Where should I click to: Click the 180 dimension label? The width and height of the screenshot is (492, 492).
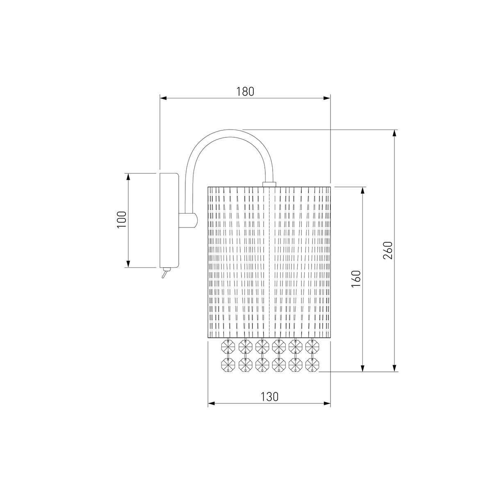pyautogui.click(x=245, y=91)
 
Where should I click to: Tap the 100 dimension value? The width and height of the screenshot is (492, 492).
pyautogui.click(x=121, y=220)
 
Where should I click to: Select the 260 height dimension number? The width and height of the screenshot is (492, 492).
pyautogui.click(x=387, y=250)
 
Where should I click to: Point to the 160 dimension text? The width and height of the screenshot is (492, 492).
pyautogui.click(x=356, y=279)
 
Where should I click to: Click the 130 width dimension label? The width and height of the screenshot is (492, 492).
pyautogui.click(x=269, y=397)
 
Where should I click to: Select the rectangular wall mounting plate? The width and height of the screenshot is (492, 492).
pyautogui.click(x=169, y=220)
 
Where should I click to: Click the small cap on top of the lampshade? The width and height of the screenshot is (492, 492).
pyautogui.click(x=269, y=184)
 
